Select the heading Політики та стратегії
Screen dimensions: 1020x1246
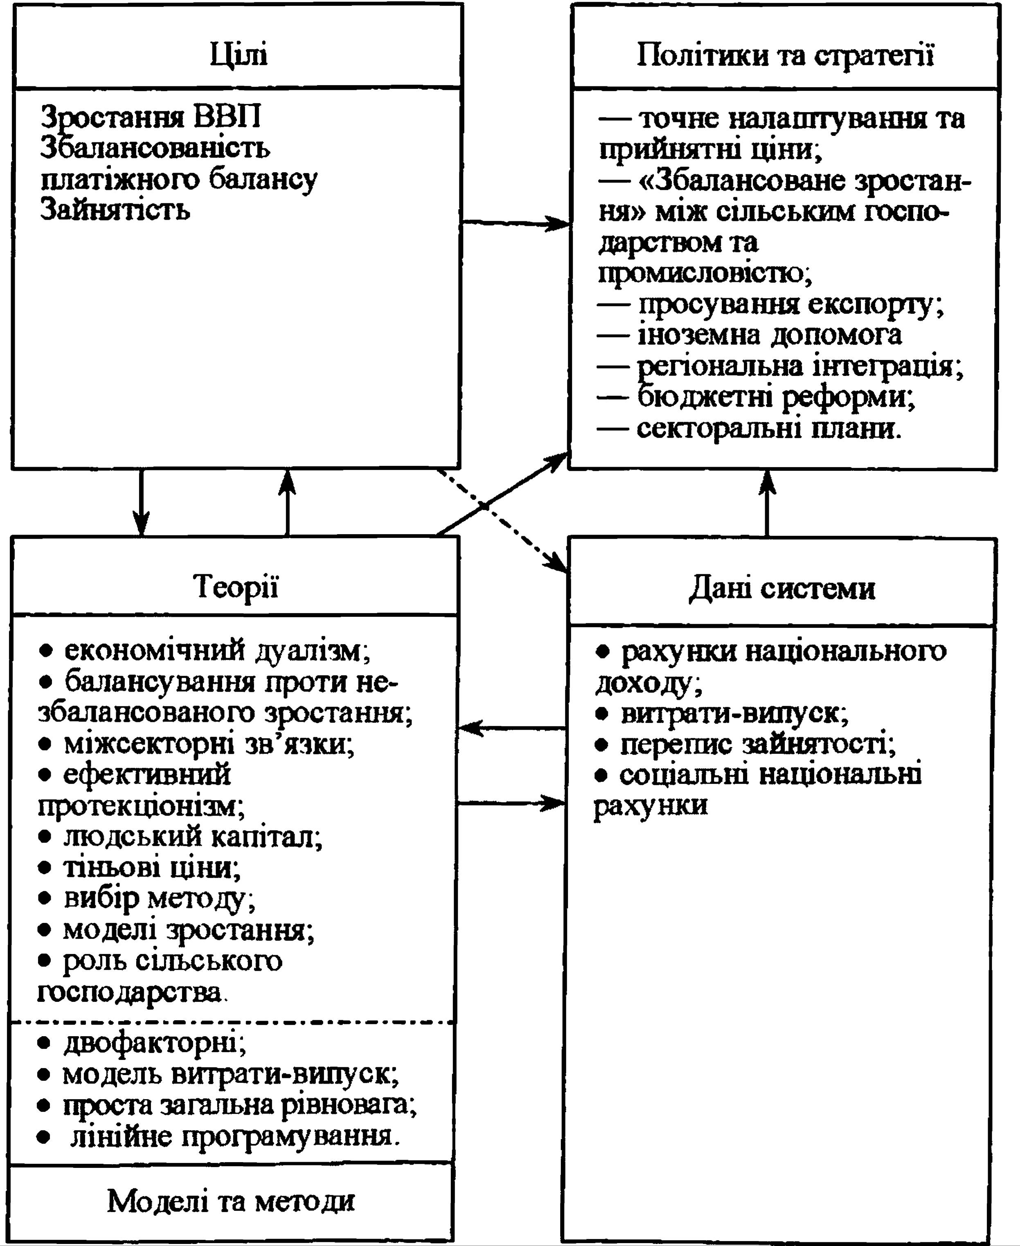click(786, 56)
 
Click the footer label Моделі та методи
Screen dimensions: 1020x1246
click(231, 1200)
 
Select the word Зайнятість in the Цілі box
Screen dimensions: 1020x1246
click(115, 210)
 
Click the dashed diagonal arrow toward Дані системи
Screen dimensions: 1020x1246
click(502, 520)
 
